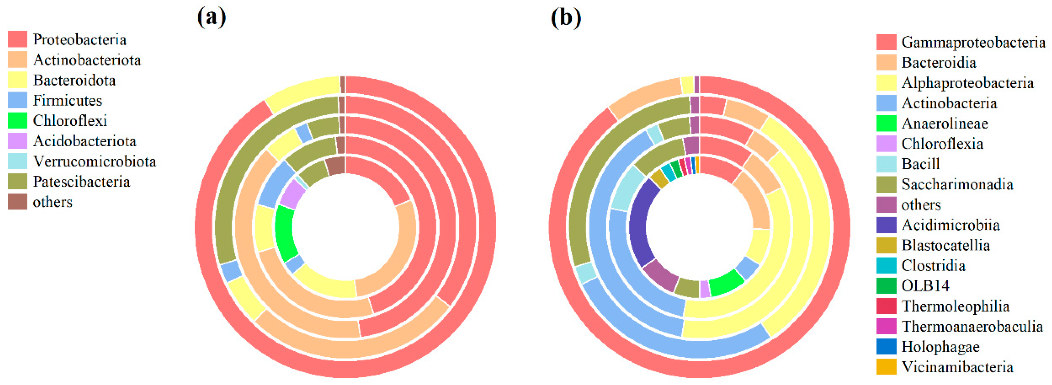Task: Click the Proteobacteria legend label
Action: [x=80, y=40]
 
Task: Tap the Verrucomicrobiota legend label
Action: [x=94, y=161]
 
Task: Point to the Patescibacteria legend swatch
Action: [x=18, y=182]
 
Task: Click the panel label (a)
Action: [x=211, y=18]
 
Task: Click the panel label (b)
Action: [x=566, y=18]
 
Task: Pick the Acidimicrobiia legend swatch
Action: [x=886, y=225]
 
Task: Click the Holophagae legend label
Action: [x=940, y=347]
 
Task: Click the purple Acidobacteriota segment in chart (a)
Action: [x=292, y=194]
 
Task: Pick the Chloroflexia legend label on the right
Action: [x=942, y=144]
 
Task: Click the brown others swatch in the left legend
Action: [x=18, y=202]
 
